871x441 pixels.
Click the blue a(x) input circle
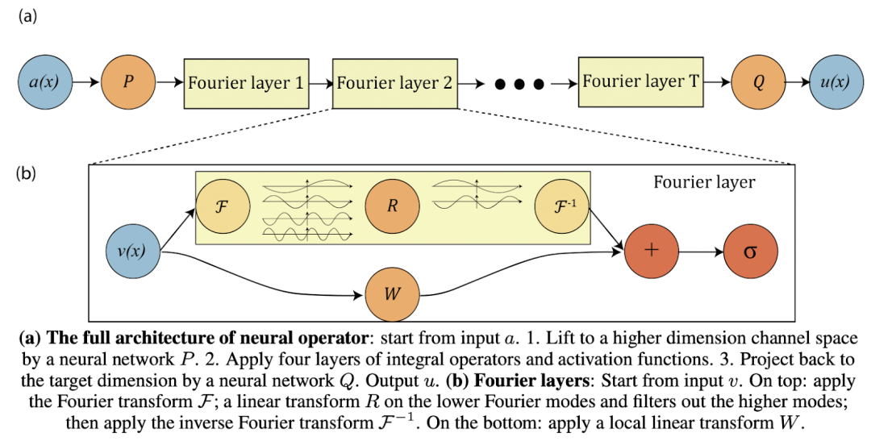[45, 82]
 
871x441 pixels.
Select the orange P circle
[128, 82]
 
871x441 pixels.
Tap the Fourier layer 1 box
[247, 83]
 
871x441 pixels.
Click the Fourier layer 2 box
[395, 83]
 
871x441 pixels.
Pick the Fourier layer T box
[641, 81]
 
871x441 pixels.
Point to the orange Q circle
[759, 82]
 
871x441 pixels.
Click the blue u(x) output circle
[836, 82]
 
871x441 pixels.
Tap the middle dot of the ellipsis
[519, 85]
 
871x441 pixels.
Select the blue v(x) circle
[132, 252]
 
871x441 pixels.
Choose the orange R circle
[392, 206]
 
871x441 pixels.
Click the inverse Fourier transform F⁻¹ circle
[561, 206]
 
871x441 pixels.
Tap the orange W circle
[392, 294]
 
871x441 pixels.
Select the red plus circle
[652, 251]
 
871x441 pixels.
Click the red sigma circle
[751, 251]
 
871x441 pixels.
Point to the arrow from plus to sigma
[701, 252]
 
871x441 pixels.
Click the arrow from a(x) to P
[86, 83]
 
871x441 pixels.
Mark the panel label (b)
[27, 173]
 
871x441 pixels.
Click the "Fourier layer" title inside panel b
[704, 182]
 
